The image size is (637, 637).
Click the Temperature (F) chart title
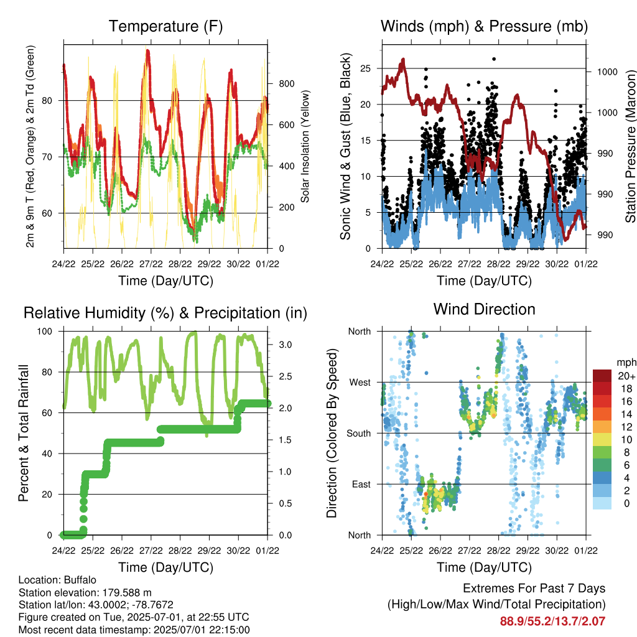(x=165, y=26)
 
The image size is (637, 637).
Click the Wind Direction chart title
(x=484, y=309)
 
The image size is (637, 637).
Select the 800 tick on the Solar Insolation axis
(x=287, y=84)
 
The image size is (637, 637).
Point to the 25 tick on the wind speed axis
(x=365, y=68)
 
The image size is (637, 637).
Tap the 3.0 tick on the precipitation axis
(x=285, y=345)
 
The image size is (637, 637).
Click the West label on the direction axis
(x=360, y=383)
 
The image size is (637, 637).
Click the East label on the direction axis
(x=361, y=484)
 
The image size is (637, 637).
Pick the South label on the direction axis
(x=359, y=434)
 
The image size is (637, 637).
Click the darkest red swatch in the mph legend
(x=602, y=376)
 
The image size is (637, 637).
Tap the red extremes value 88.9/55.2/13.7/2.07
(x=552, y=621)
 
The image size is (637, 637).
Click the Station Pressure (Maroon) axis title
(x=630, y=146)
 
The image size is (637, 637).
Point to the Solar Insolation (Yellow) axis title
(x=305, y=146)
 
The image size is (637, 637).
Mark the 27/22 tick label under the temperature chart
(x=151, y=264)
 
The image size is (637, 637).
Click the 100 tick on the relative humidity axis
(x=45, y=332)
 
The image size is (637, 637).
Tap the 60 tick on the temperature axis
(x=47, y=213)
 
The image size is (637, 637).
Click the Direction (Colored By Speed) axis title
(x=332, y=433)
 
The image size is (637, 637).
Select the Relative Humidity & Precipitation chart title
(x=165, y=314)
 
